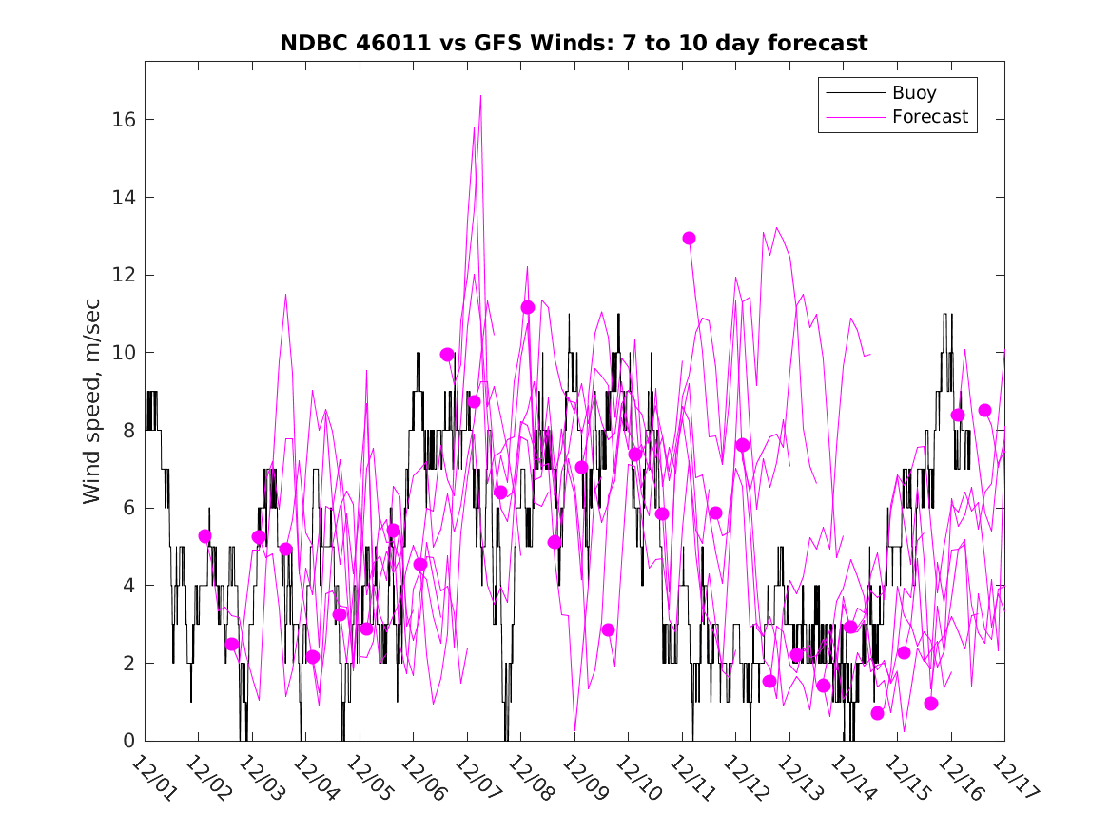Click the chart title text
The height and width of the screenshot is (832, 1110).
tap(574, 44)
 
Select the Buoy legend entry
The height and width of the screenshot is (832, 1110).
tap(914, 93)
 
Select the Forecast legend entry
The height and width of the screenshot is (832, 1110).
tap(929, 117)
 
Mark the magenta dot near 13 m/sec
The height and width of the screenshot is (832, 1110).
tap(690, 238)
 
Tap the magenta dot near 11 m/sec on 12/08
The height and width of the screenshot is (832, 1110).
tap(528, 307)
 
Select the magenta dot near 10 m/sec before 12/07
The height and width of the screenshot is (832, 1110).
tap(447, 355)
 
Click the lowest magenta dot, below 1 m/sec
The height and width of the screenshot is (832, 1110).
tap(878, 713)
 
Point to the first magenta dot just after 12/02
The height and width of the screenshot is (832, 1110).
tap(204, 536)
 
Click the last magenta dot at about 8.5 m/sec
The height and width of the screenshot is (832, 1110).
tap(985, 411)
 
